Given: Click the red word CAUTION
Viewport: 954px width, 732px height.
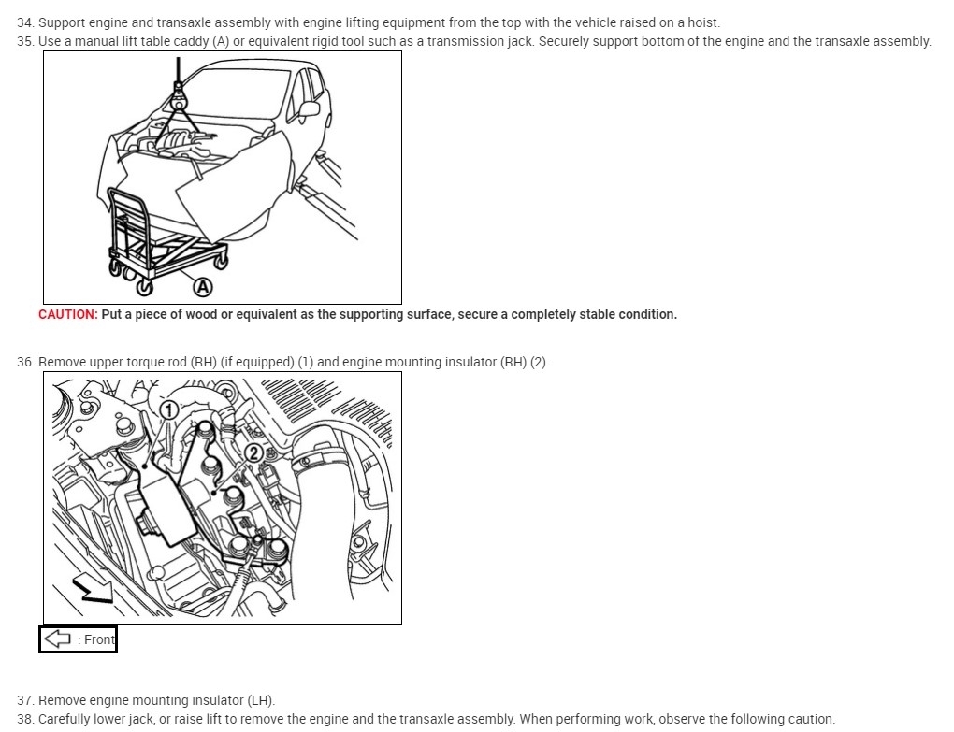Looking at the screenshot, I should (x=67, y=314).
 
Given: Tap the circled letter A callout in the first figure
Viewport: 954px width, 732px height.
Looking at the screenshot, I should (x=202, y=286).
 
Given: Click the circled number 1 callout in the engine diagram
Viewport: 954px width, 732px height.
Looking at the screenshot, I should (x=168, y=409).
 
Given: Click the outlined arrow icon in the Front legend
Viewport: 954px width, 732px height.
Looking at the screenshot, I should (x=59, y=639).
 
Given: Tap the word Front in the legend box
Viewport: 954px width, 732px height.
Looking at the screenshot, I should (x=99, y=639).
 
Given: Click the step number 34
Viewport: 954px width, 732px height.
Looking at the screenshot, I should (x=24, y=22).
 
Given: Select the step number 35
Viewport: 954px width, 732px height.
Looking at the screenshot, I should (x=24, y=41).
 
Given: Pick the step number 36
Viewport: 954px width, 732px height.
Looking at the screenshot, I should (x=24, y=362).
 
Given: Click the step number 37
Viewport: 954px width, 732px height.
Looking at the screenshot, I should (x=24, y=700).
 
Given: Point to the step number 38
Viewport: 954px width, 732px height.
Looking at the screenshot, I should (x=24, y=719).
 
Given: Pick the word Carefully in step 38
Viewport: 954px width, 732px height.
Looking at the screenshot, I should (x=67, y=719).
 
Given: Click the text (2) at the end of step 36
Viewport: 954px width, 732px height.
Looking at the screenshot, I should (x=539, y=362).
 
